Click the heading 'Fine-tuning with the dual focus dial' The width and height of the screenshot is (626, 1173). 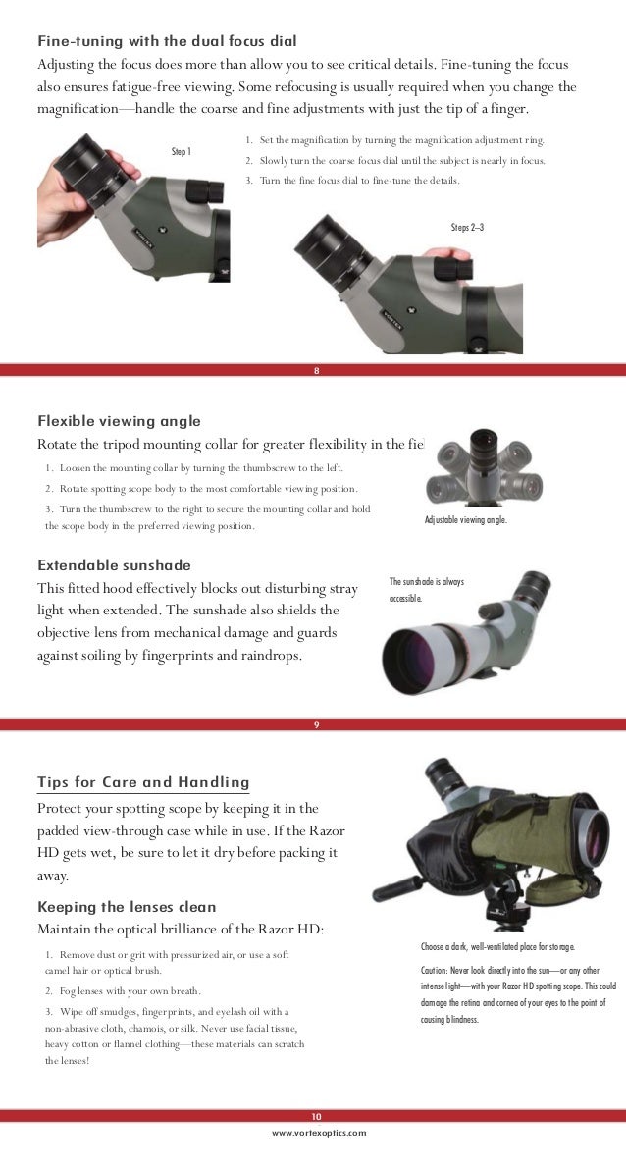tap(167, 42)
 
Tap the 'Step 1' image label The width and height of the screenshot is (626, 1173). tap(182, 152)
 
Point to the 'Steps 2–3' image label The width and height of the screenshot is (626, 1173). tap(467, 228)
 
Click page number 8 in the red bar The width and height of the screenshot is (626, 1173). tap(316, 371)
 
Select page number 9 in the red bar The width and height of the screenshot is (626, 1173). tap(316, 724)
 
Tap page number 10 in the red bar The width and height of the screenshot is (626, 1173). tap(316, 1116)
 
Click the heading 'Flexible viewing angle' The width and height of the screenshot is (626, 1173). tap(119, 421)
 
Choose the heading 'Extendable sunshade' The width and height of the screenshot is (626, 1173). tap(114, 565)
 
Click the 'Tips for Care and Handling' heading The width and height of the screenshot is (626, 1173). tap(143, 782)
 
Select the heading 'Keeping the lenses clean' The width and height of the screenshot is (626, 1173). tap(127, 906)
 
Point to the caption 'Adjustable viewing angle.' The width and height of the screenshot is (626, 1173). tap(466, 520)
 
